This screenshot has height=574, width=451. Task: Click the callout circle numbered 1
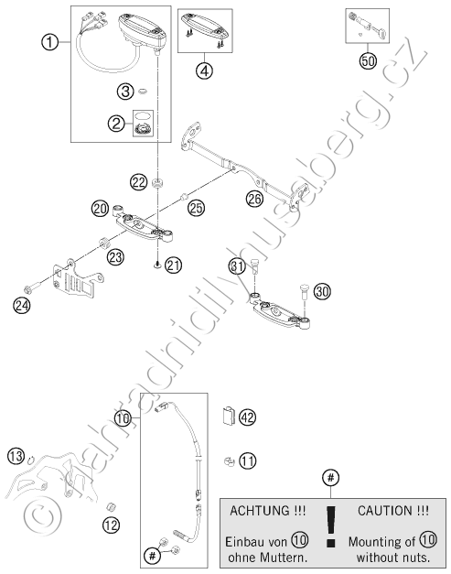[49, 42]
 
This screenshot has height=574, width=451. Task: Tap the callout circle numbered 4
[205, 70]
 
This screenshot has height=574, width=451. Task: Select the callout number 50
[368, 60]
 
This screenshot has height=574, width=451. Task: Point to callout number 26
[254, 199]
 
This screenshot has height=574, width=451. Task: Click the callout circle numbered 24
[22, 305]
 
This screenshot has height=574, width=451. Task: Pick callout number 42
[248, 417]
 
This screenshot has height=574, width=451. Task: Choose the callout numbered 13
[16, 456]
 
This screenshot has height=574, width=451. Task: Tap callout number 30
[322, 292]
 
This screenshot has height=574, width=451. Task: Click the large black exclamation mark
[330, 526]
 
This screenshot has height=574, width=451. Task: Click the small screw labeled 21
[157, 265]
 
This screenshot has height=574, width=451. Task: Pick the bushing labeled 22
[157, 183]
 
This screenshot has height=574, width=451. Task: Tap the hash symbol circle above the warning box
[330, 478]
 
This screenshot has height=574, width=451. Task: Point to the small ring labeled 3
[143, 91]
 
